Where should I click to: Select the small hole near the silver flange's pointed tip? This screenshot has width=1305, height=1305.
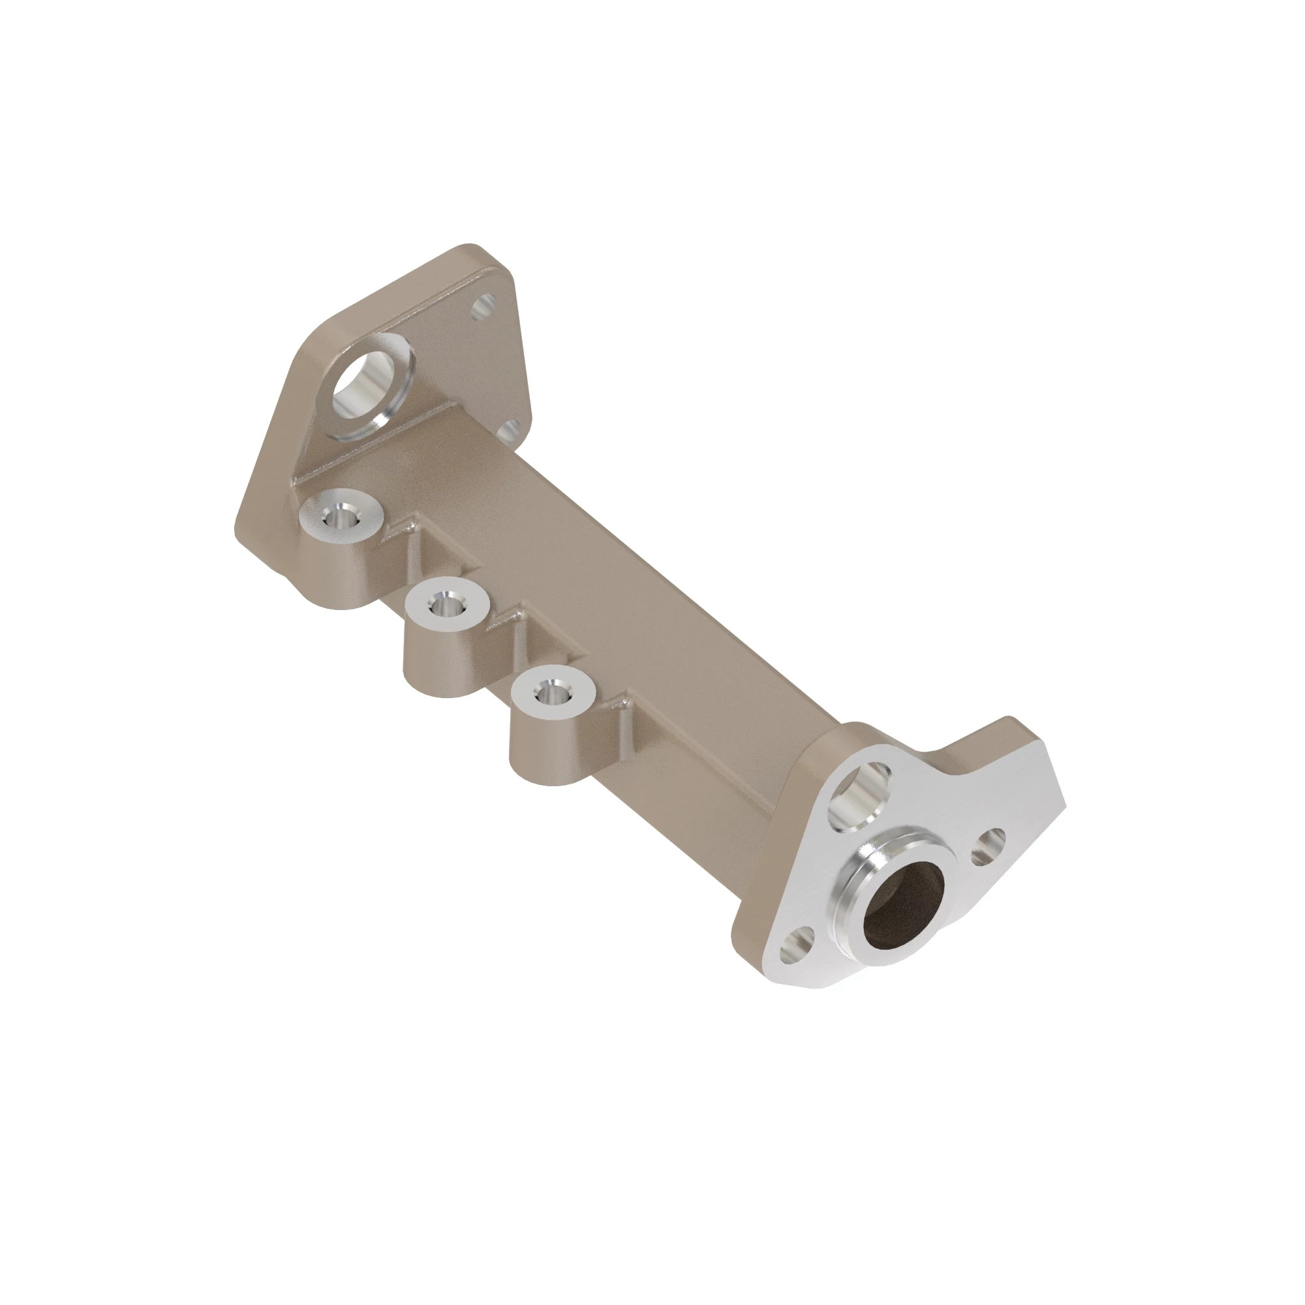(988, 846)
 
